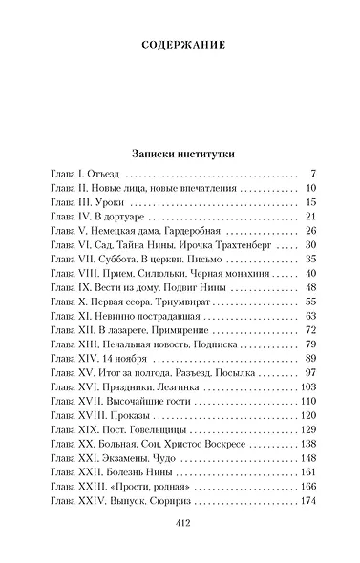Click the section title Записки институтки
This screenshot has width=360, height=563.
(180, 152)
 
